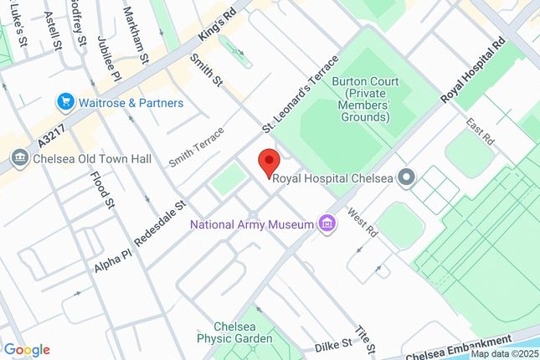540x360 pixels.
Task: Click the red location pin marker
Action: coord(268,162)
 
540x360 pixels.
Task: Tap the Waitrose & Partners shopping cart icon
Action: coord(64,102)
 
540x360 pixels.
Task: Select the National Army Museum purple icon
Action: coord(327,224)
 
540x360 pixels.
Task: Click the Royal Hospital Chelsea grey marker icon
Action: coord(407,177)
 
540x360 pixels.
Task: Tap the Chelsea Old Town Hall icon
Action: coord(18,158)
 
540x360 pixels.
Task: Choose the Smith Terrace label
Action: coord(197,147)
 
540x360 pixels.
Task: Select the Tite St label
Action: coord(363,338)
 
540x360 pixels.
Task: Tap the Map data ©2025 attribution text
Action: coord(501,353)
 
